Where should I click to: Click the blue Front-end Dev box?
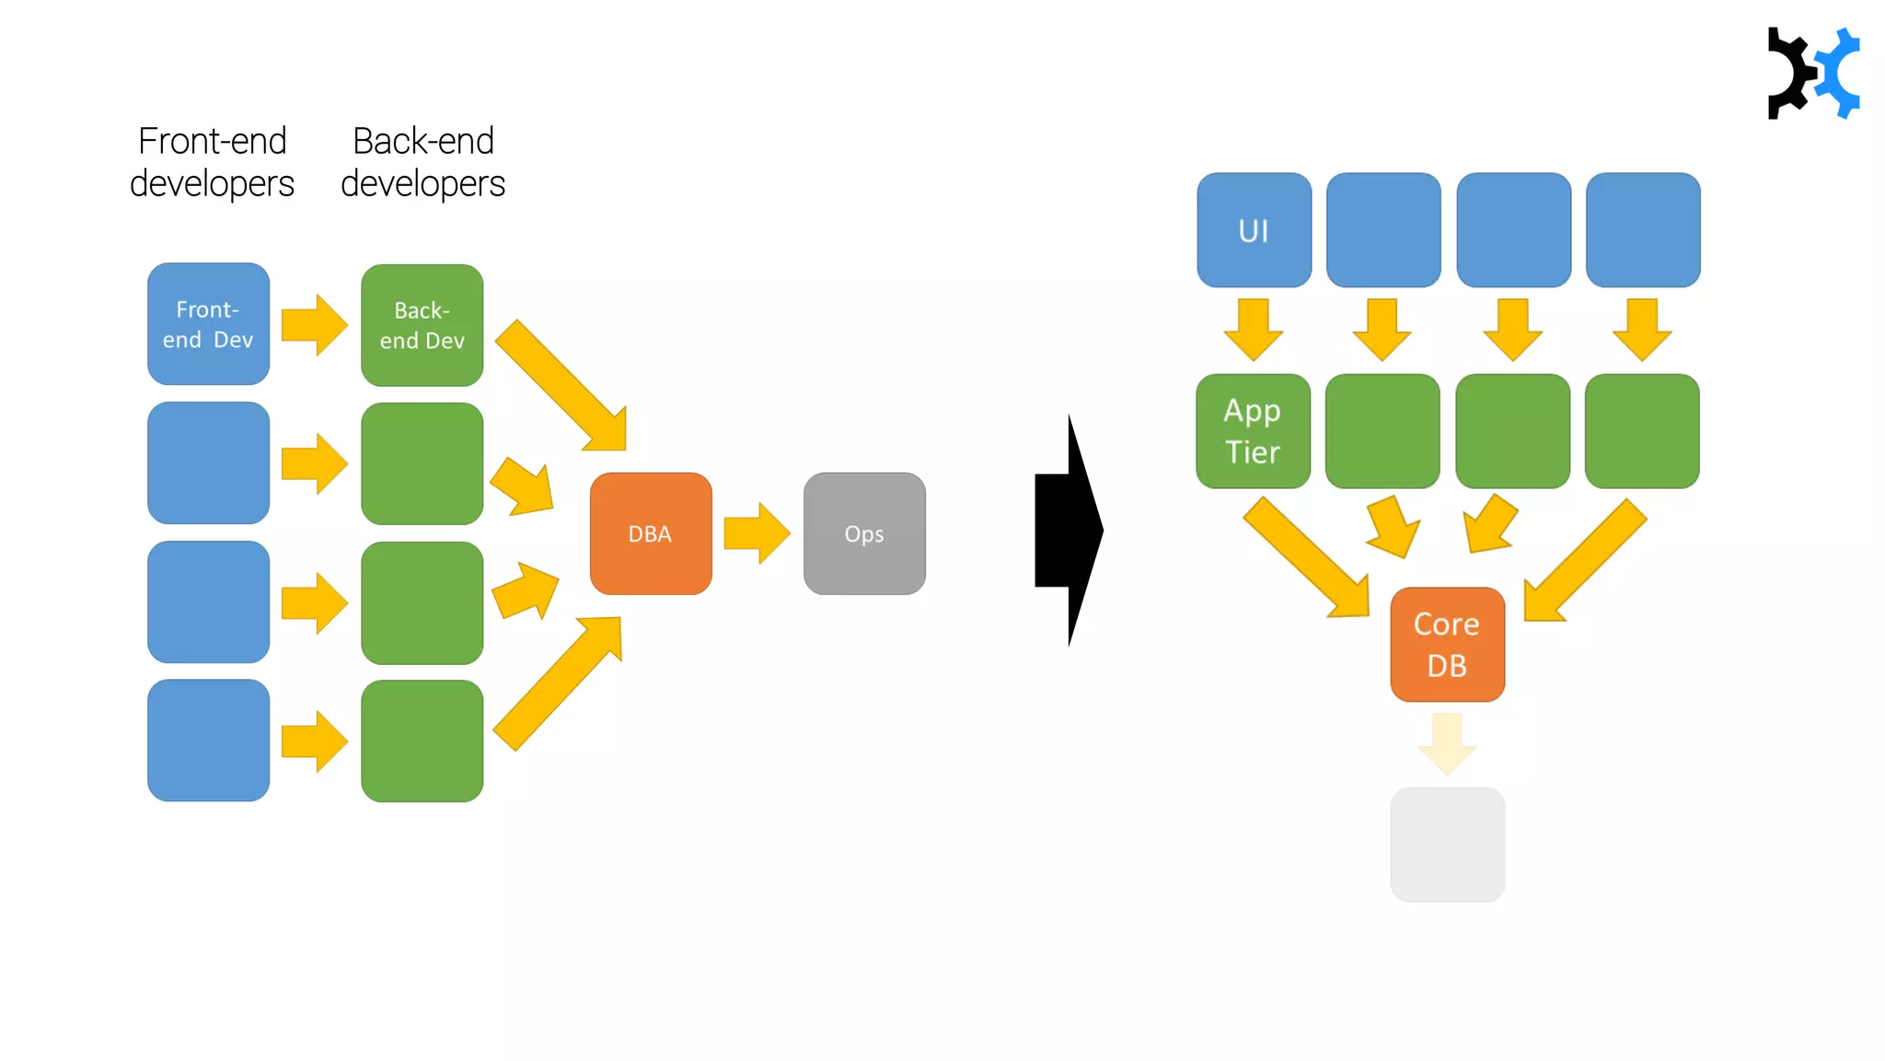click(208, 324)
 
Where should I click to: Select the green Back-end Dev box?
click(422, 325)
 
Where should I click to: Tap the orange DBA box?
click(650, 533)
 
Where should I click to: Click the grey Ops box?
click(863, 533)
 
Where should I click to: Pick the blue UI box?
click(1254, 230)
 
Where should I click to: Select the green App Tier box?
click(1253, 431)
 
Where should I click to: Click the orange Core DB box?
click(1447, 645)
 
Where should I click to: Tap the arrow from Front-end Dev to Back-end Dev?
click(314, 325)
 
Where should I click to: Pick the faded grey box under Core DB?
click(1447, 844)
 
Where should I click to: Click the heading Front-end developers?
click(212, 162)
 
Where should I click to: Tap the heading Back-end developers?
click(422, 162)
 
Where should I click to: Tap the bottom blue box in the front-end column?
click(208, 740)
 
